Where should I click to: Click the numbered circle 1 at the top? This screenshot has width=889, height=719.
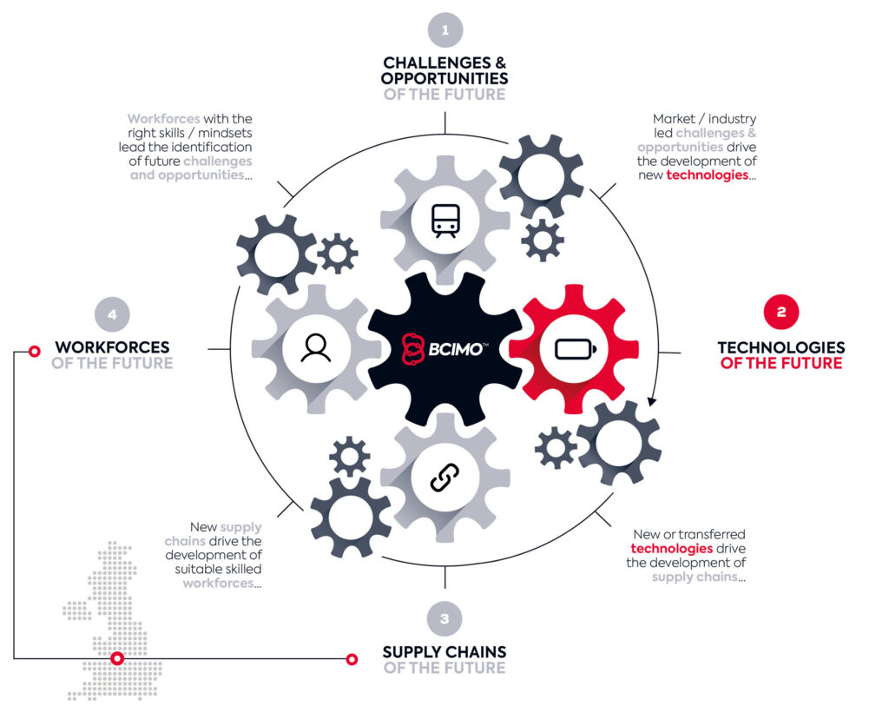point(445,30)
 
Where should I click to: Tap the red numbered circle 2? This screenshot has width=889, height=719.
point(781,311)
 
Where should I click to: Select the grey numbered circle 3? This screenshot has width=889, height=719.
point(444,618)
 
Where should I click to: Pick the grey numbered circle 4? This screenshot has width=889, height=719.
point(112,314)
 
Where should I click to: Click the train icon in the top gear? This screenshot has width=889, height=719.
point(445,221)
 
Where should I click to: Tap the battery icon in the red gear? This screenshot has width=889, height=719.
point(575,349)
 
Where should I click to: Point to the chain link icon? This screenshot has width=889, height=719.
point(445,478)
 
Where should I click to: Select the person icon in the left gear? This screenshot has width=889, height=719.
point(316,347)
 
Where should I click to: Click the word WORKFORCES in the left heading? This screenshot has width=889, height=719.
point(112,347)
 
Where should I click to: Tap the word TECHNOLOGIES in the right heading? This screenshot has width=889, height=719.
point(781,347)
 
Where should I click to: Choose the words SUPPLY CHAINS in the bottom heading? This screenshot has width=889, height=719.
point(444,652)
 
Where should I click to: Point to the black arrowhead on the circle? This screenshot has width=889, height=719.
point(652,401)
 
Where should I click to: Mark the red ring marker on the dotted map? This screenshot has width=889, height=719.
point(117,658)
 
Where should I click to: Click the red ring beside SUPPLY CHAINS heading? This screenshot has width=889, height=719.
point(352,659)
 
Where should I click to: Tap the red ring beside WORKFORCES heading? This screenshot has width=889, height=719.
point(35,352)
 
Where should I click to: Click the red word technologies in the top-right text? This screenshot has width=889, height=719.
point(707,175)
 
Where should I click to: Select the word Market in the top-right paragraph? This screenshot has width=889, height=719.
point(674,119)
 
